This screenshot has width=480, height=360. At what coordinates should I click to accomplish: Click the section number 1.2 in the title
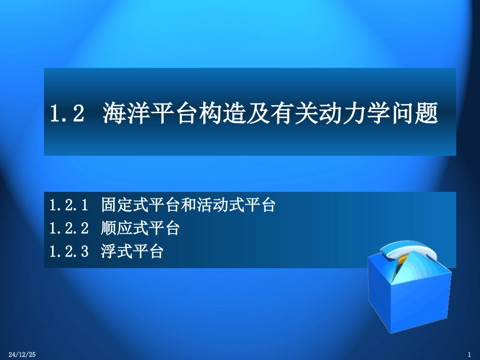pos(66,114)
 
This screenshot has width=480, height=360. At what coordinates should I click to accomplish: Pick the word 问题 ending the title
pos(412,114)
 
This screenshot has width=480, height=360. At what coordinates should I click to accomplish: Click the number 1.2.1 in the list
pos(69,205)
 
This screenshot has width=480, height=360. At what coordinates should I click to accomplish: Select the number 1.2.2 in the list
pos(69,228)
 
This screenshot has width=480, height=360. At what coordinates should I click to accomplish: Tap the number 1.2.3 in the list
pos(69,251)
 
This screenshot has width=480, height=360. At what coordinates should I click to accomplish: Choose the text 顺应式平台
pos(140,228)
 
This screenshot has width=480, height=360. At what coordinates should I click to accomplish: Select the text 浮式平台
pos(132,251)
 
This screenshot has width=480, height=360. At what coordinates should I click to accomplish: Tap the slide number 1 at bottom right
pos(469,355)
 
